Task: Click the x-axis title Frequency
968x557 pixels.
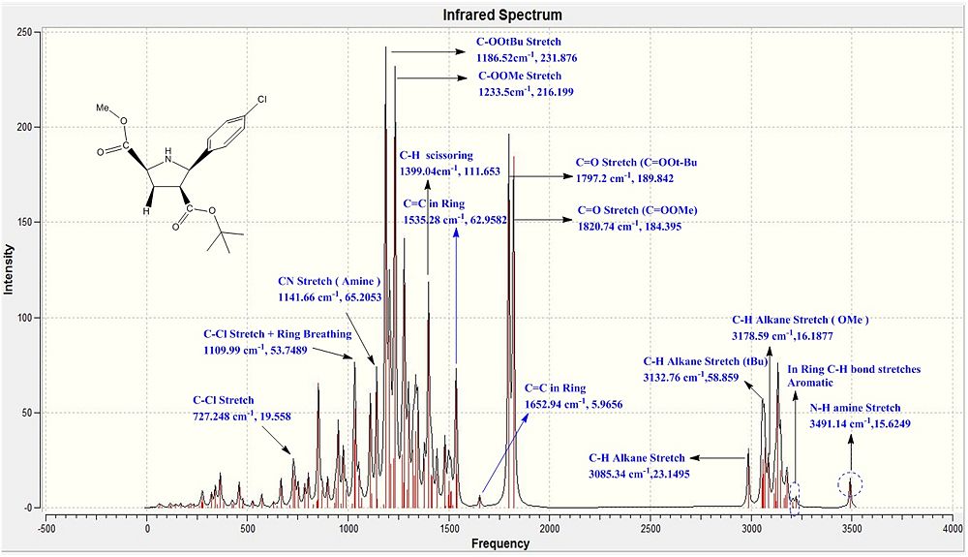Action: pyautogui.click(x=500, y=543)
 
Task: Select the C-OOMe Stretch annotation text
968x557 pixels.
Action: pyautogui.click(x=520, y=76)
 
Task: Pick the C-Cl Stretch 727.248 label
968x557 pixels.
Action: pyautogui.click(x=224, y=399)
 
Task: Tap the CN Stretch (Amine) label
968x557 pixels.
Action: pyautogui.click(x=327, y=282)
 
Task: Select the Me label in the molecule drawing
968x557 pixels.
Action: pyautogui.click(x=103, y=108)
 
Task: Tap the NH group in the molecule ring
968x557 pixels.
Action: pyautogui.click(x=170, y=152)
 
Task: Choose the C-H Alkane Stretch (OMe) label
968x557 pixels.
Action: pyautogui.click(x=801, y=319)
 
